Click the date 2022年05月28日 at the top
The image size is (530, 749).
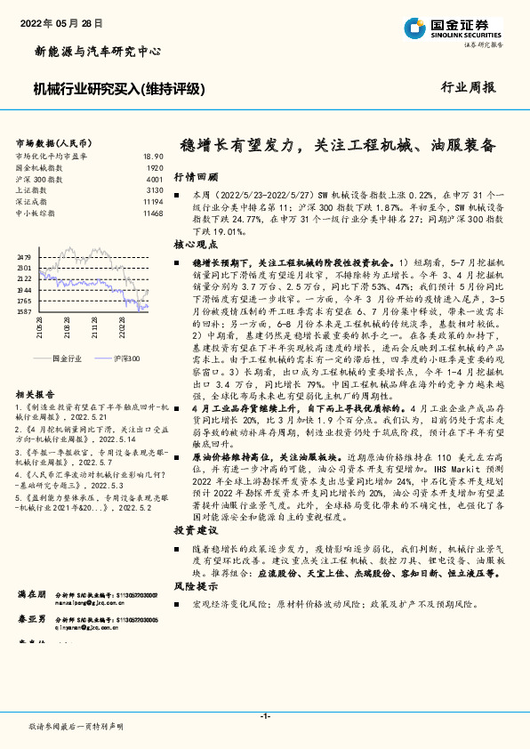(60, 21)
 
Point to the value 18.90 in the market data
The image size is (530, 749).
(153, 156)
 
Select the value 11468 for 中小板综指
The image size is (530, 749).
(152, 213)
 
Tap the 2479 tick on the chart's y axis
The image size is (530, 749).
(24, 256)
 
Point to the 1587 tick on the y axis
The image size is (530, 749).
(24, 312)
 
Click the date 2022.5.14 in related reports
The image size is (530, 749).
(116, 439)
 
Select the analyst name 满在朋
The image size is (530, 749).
(32, 593)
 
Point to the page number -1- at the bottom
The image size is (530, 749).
(265, 715)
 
